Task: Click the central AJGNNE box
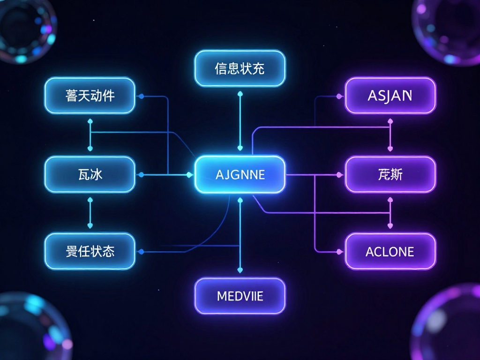pyautogui.click(x=240, y=174)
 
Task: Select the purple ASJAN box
pyautogui.click(x=390, y=96)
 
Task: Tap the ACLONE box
pyautogui.click(x=390, y=252)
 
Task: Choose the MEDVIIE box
pyautogui.click(x=240, y=296)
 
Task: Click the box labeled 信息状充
pyautogui.click(x=240, y=68)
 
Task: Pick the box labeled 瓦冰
pyautogui.click(x=90, y=174)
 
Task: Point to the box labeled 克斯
pyautogui.click(x=390, y=174)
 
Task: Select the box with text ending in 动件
pyautogui.click(x=90, y=96)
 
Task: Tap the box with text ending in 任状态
pyautogui.click(x=90, y=252)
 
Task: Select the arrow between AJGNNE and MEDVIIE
pyautogui.click(x=240, y=234)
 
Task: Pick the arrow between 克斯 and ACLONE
pyautogui.click(x=390, y=213)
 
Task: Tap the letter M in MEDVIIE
pyautogui.click(x=221, y=296)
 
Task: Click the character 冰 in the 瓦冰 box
pyautogui.click(x=96, y=175)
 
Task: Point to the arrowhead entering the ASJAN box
pyautogui.click(x=339, y=96)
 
